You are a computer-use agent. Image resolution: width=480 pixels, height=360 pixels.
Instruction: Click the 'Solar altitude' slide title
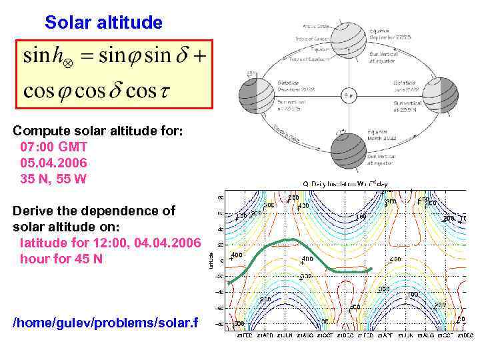coord(103,23)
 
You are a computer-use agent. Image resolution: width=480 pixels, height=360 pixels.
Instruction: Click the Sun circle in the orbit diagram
coord(350,96)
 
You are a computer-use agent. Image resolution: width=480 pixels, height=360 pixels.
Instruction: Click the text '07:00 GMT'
coord(54,147)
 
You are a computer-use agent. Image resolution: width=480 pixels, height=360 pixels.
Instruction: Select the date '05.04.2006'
coord(53,163)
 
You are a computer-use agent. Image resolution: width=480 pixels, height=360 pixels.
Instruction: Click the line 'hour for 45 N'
coord(61,259)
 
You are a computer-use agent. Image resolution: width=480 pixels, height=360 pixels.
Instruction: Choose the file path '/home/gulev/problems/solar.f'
coord(105,323)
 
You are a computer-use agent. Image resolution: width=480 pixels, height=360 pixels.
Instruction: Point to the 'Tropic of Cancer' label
coord(308,39)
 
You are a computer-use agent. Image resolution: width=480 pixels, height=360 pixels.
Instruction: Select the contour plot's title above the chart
coord(345,183)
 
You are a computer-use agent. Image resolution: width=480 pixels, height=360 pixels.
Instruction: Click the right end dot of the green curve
coord(371,268)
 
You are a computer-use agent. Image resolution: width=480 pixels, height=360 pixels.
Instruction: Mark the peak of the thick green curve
coord(288,239)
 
